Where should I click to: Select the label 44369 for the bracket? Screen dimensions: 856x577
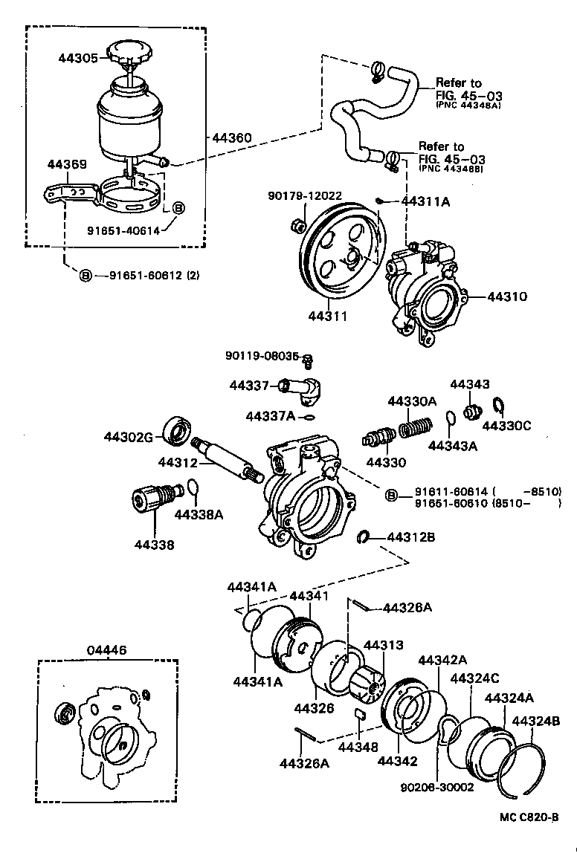tap(67, 164)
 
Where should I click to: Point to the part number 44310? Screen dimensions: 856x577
tap(507, 296)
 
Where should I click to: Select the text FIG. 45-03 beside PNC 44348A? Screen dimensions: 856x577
tap(460, 96)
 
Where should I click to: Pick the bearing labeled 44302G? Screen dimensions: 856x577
tap(177, 433)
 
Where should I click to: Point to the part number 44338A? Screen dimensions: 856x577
tap(199, 513)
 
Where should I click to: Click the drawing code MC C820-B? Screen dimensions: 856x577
tap(529, 817)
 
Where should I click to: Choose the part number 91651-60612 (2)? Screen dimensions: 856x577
tap(154, 276)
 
